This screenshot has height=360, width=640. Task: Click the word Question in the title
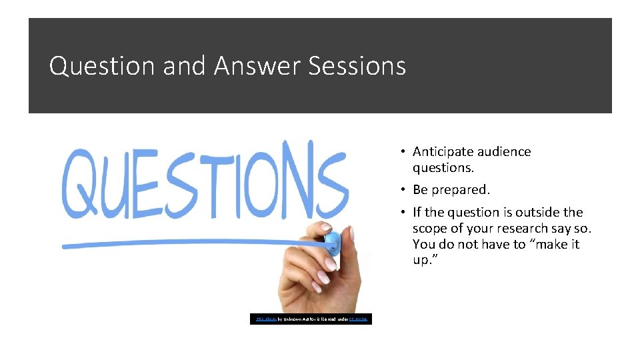point(93,66)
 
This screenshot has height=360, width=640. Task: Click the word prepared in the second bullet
point(461,190)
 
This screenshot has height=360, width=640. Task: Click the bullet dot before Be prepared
point(403,190)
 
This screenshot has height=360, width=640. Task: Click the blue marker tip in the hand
point(332,241)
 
